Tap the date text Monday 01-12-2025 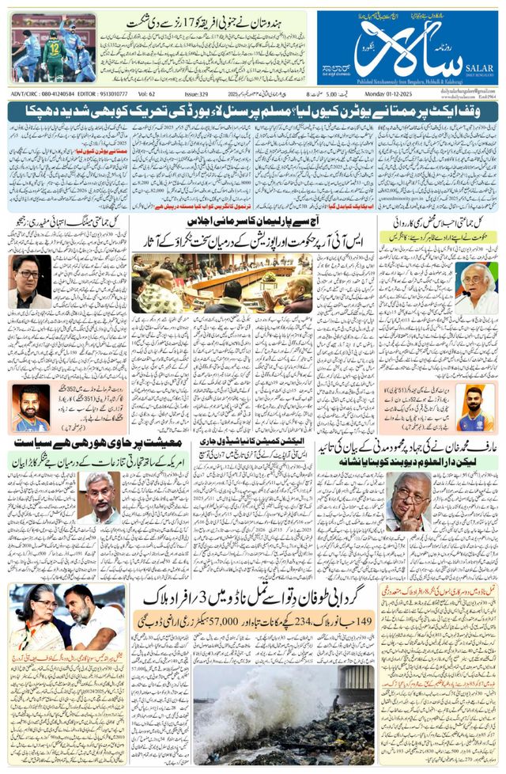464,93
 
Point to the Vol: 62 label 147,93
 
